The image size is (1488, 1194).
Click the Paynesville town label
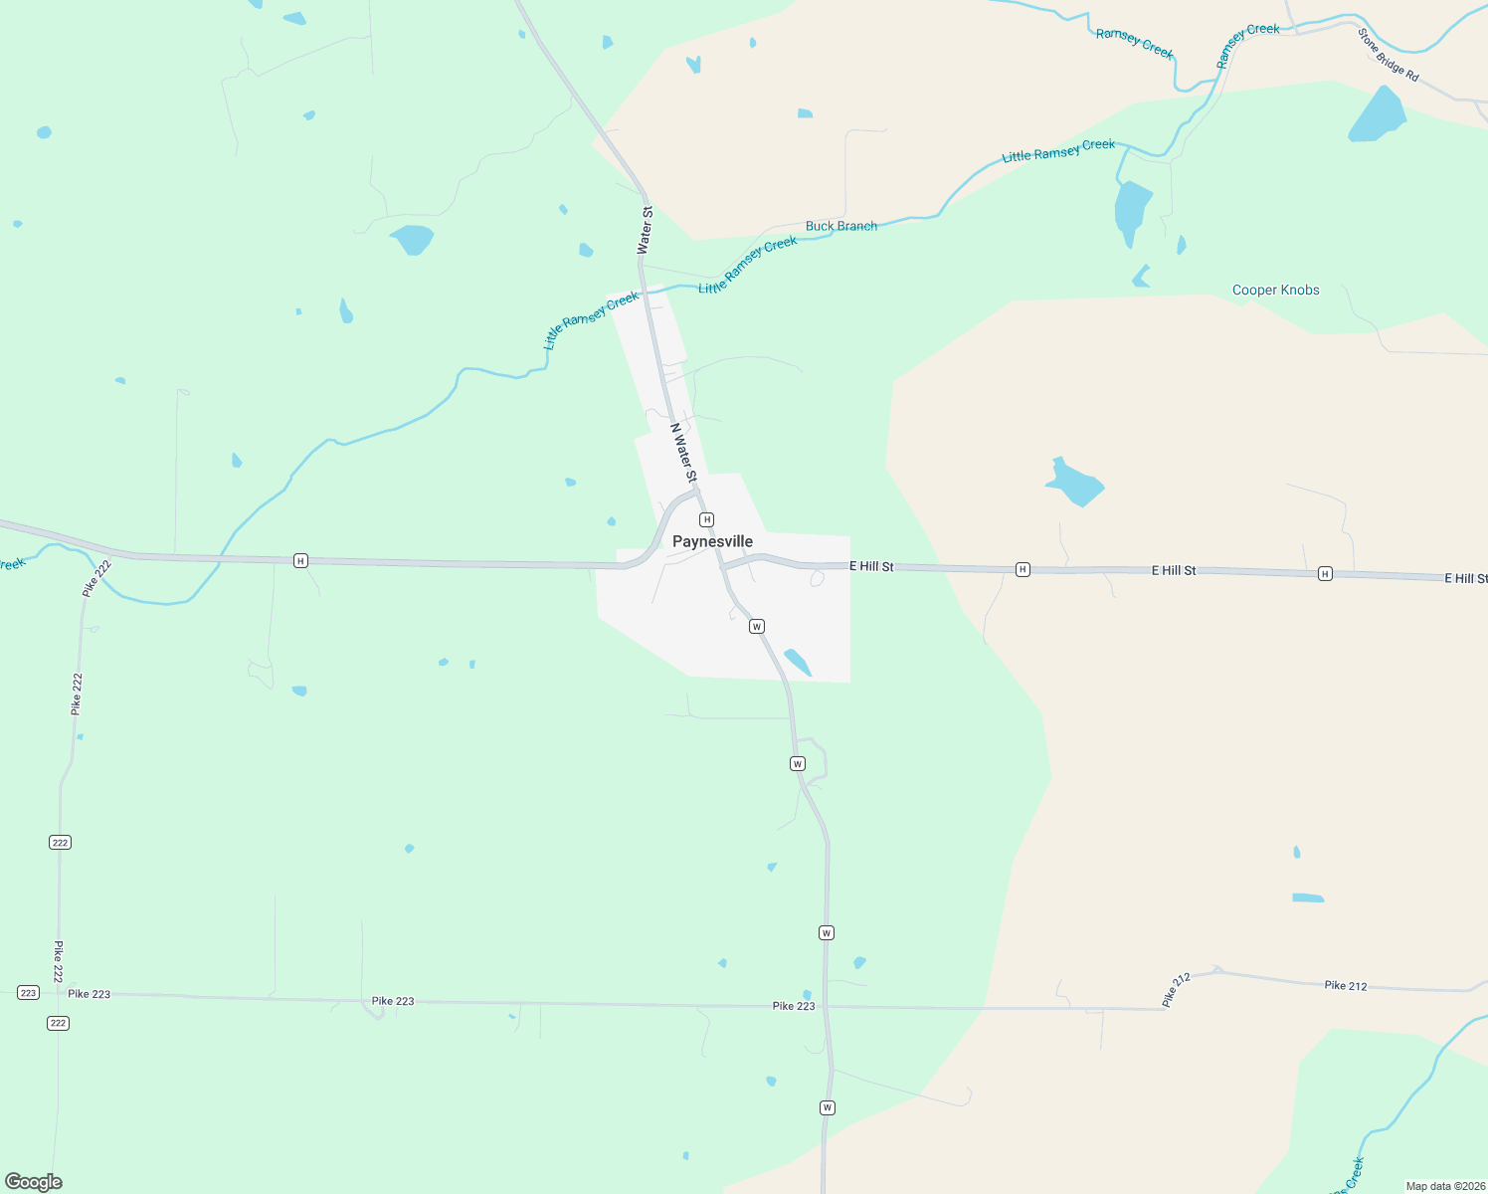pos(712,541)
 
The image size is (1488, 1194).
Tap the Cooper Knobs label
pos(1275,291)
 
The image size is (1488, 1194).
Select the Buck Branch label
pos(841,226)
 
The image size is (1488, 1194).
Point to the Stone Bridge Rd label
pos(1389,55)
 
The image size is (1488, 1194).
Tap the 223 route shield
pos(28,993)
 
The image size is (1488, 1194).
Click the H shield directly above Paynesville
pos(706,519)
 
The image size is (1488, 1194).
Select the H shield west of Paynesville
pos(300,561)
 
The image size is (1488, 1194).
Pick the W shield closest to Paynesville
pos(757,626)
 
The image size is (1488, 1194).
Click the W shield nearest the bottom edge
pos(827,1107)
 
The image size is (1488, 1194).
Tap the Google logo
pos(34,1182)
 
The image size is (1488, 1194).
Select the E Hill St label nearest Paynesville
pos(871,566)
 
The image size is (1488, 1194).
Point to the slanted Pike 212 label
pos(1176,990)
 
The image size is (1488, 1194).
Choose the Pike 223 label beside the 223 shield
pos(90,994)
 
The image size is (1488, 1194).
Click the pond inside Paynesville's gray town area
pos(798,662)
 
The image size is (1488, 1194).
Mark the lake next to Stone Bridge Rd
pos(1378,114)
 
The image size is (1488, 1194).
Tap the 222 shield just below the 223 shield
pos(58,1023)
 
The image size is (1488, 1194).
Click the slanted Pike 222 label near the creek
pos(97,579)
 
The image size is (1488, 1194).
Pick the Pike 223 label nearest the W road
pos(794,1006)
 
